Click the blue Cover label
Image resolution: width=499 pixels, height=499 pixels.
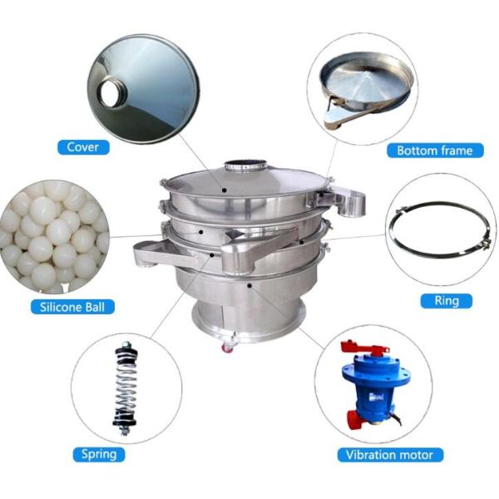[83, 147]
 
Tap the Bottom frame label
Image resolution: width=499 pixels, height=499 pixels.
[435, 151]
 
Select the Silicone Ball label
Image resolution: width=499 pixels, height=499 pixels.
[72, 307]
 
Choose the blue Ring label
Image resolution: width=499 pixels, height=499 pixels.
[446, 301]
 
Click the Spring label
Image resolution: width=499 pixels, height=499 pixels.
[99, 454]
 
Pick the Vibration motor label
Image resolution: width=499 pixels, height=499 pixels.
[390, 455]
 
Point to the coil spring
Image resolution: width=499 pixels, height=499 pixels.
[126, 388]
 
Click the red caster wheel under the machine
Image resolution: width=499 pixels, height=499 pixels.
[227, 348]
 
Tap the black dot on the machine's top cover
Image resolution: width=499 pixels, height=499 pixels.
[225, 190]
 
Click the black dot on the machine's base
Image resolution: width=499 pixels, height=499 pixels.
[249, 286]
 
